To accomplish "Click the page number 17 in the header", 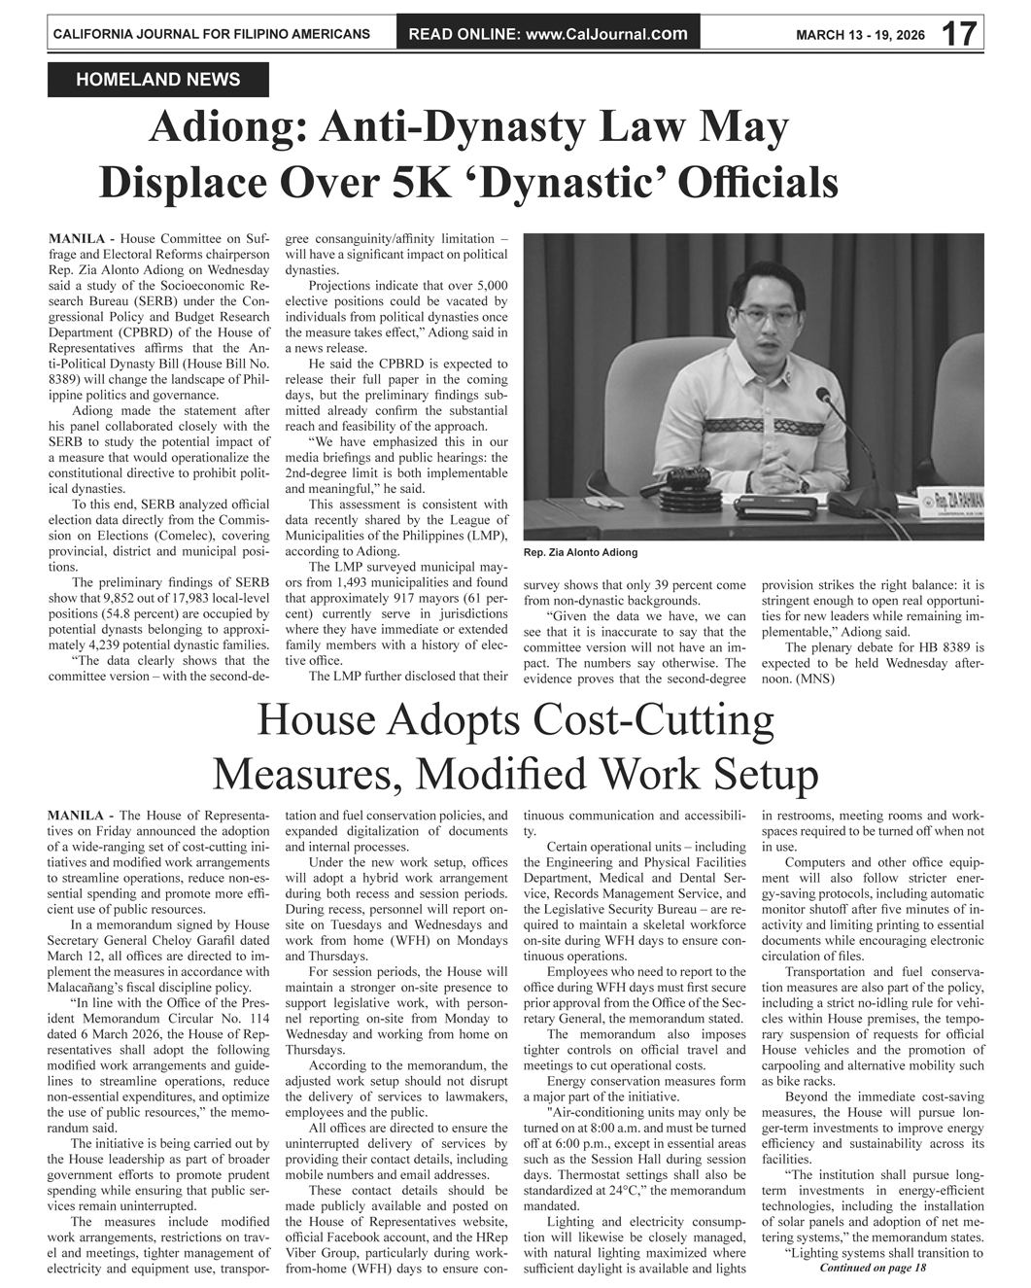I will click(958, 35).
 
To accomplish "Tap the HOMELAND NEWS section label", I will click(157, 80).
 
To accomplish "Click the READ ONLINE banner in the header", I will click(548, 35).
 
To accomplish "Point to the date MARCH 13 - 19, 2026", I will click(860, 36).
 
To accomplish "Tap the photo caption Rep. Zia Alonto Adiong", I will click(580, 552).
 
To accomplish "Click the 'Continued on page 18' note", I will click(873, 1268).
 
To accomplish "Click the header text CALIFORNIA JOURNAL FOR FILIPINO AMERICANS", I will click(211, 34).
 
